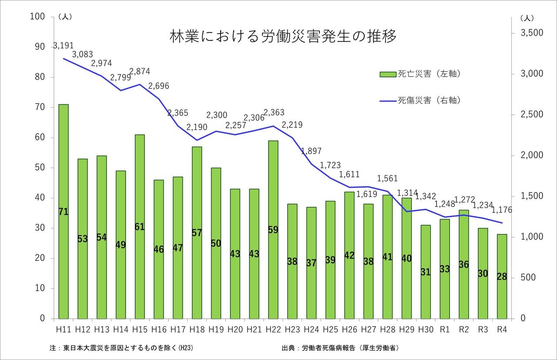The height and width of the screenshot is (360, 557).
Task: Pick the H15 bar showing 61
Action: point(140,227)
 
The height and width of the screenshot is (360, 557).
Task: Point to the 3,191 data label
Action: point(64,45)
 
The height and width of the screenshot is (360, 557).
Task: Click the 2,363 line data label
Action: point(273,113)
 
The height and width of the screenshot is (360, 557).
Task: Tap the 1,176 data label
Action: point(502,210)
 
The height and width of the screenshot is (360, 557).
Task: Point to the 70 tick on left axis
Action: point(40,107)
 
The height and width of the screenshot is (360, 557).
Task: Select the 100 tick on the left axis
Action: point(38,17)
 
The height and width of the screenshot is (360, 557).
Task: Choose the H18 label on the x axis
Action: point(197,329)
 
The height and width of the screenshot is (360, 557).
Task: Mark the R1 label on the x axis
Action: point(444,329)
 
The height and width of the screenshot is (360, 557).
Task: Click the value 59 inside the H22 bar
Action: point(273,230)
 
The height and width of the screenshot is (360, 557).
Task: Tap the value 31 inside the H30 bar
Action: point(426,272)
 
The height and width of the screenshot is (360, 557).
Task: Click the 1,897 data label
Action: point(311,151)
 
